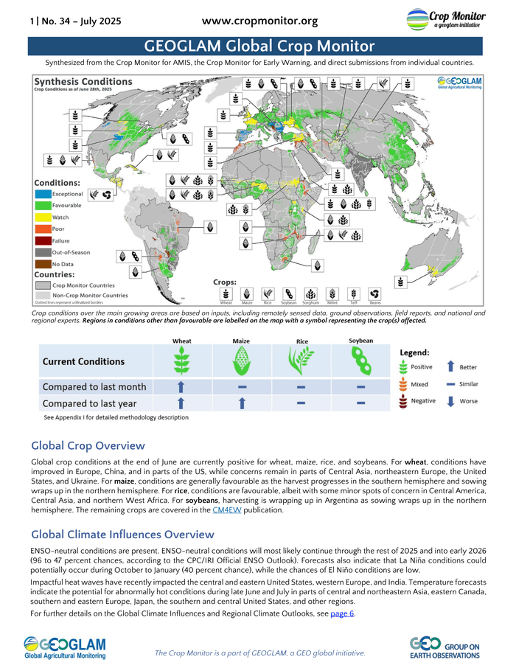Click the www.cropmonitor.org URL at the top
pos(259,21)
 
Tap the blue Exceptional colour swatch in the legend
pos(42,193)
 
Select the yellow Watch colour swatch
pos(42,217)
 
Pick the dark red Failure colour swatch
pos(42,240)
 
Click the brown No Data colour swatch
pos(42,263)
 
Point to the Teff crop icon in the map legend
pos(355,293)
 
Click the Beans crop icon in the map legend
pos(375,293)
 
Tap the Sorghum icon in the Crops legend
pos(311,293)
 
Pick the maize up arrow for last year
pos(241,403)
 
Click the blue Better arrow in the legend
pos(450,366)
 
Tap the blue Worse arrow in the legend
pos(450,400)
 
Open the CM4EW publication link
pos(226,509)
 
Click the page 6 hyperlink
pos(342,613)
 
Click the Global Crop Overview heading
pos(88,445)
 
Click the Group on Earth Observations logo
pos(444,647)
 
